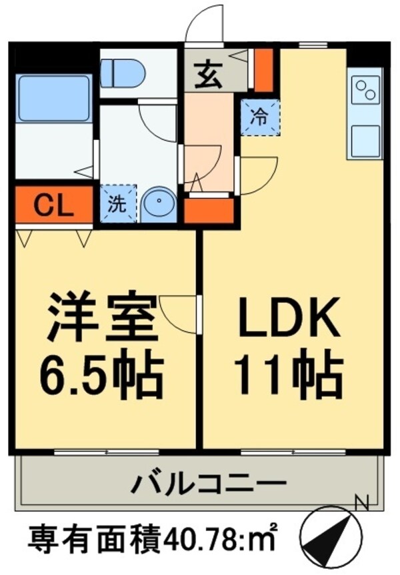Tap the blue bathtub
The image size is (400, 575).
click(53, 99)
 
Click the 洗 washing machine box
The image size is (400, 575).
click(119, 204)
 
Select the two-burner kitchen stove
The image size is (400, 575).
click(365, 91)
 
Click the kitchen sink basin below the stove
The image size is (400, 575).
click(365, 139)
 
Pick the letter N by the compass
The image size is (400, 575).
click(361, 500)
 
